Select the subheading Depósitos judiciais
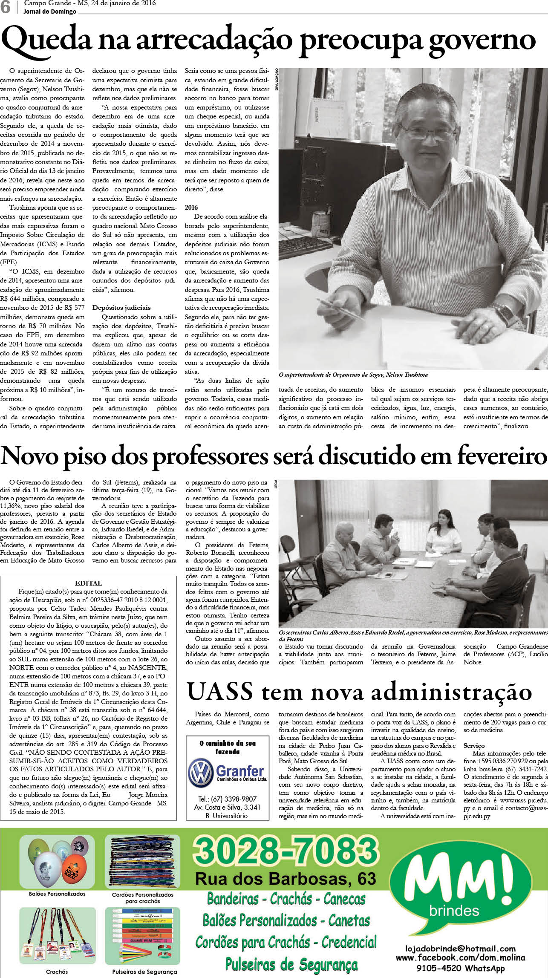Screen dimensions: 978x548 tap(121, 307)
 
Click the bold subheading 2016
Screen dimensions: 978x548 tap(191, 208)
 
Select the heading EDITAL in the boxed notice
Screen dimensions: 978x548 tap(88, 583)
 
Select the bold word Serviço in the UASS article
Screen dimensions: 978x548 tap(474, 746)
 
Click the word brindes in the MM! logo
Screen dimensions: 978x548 tap(454, 911)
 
